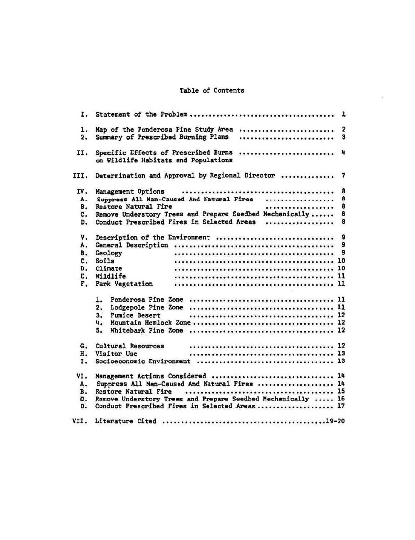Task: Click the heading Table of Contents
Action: [x=212, y=90]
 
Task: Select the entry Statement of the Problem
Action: [x=141, y=114]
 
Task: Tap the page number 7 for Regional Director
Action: [x=343, y=175]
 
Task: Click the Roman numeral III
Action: [x=80, y=176]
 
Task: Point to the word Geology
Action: [x=109, y=253]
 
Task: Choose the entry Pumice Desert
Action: [x=135, y=315]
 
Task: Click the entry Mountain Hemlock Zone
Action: [x=150, y=323]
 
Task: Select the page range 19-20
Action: [x=335, y=421]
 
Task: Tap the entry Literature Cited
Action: [x=126, y=421]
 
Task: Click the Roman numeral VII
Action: [x=80, y=421]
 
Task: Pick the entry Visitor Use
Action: [x=116, y=354]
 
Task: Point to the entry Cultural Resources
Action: [x=130, y=346]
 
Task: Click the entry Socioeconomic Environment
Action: [x=143, y=361]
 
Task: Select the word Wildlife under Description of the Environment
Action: [x=110, y=276]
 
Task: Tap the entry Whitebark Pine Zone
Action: [x=147, y=330]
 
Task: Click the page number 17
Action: [x=341, y=406]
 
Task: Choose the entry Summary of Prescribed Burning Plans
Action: [x=162, y=137]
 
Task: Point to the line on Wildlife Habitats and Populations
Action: [x=164, y=160]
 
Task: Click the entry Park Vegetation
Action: [x=124, y=284]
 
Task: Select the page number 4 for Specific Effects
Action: [x=343, y=152]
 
